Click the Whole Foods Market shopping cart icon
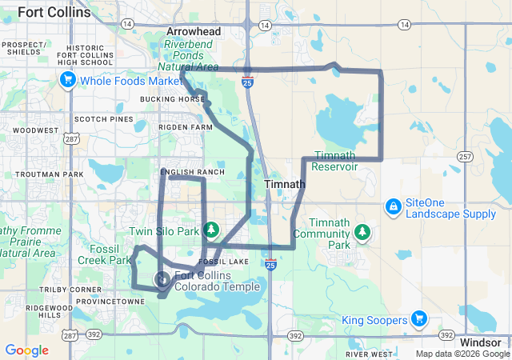click(68, 80)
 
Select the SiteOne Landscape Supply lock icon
click(393, 207)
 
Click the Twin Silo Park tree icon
click(211, 230)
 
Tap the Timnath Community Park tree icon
click(363, 232)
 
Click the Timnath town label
click(284, 184)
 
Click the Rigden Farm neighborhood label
click(186, 127)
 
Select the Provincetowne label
click(110, 302)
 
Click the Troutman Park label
click(49, 174)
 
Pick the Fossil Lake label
click(238, 262)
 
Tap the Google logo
click(26, 350)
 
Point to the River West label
click(370, 354)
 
